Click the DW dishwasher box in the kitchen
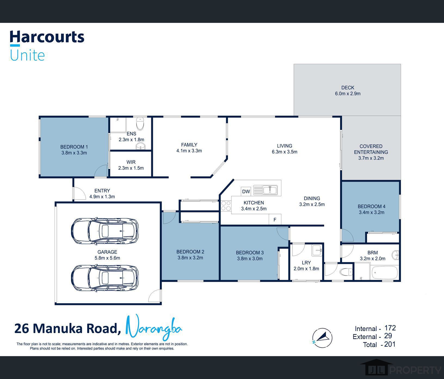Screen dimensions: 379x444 (x=246, y=191)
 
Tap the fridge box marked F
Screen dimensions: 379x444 (x=275, y=219)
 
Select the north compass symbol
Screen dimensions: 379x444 (x=322, y=338)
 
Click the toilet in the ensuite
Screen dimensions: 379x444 (x=140, y=124)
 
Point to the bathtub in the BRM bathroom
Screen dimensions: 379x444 (x=384, y=272)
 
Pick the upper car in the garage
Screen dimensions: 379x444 (x=105, y=231)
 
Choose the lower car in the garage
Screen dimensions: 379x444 (x=105, y=278)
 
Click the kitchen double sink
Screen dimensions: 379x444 (x=266, y=190)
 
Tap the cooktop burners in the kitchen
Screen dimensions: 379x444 (x=226, y=206)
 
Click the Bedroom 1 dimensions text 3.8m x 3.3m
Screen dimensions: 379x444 (x=74, y=153)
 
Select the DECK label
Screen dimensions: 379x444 (x=348, y=88)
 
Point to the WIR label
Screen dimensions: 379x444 (x=131, y=162)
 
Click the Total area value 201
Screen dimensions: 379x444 (x=390, y=344)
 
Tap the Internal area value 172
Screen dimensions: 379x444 (x=390, y=328)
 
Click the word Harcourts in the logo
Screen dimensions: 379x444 (x=47, y=37)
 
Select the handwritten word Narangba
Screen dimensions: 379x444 (x=154, y=328)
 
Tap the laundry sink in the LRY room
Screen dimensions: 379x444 (x=317, y=250)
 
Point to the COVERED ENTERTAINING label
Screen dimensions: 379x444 (x=371, y=149)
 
